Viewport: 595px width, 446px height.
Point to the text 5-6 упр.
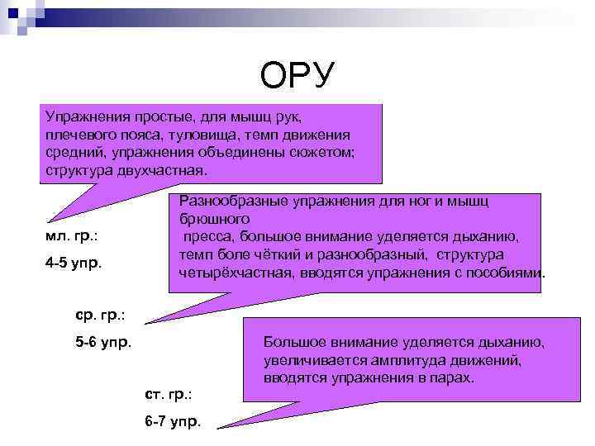[103, 342]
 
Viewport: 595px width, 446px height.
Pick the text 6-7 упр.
[172, 421]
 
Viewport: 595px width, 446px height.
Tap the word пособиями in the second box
[504, 273]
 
